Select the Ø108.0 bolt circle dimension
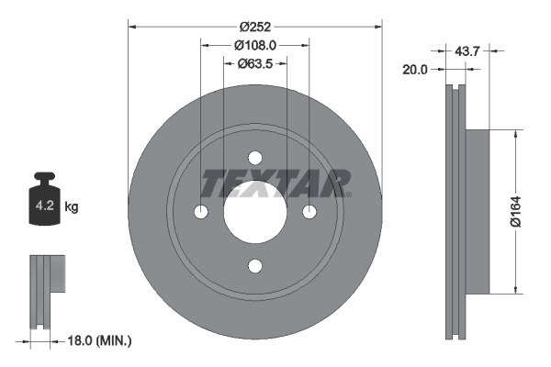[x=255, y=44]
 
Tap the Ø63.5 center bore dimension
[x=255, y=64]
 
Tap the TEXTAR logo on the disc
[x=275, y=183]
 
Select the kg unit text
[x=72, y=207]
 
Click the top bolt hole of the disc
[x=255, y=158]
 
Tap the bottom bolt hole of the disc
[x=255, y=266]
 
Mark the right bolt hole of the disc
[x=309, y=212]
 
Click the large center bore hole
[x=255, y=212]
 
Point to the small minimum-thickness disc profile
[x=46, y=289]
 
